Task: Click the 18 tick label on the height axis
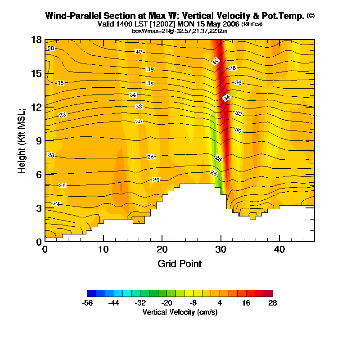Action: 37,40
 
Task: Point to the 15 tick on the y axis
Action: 37,73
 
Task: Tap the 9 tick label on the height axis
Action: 39,141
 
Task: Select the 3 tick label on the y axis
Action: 39,208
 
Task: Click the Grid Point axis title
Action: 180,264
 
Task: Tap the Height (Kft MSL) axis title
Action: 21,141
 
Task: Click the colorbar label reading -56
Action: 88,303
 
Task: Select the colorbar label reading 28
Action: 272,303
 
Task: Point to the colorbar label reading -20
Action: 166,303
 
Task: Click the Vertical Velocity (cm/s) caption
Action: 180,311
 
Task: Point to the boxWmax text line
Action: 180,31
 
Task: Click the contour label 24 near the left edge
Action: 57,204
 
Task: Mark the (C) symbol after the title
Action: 310,16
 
